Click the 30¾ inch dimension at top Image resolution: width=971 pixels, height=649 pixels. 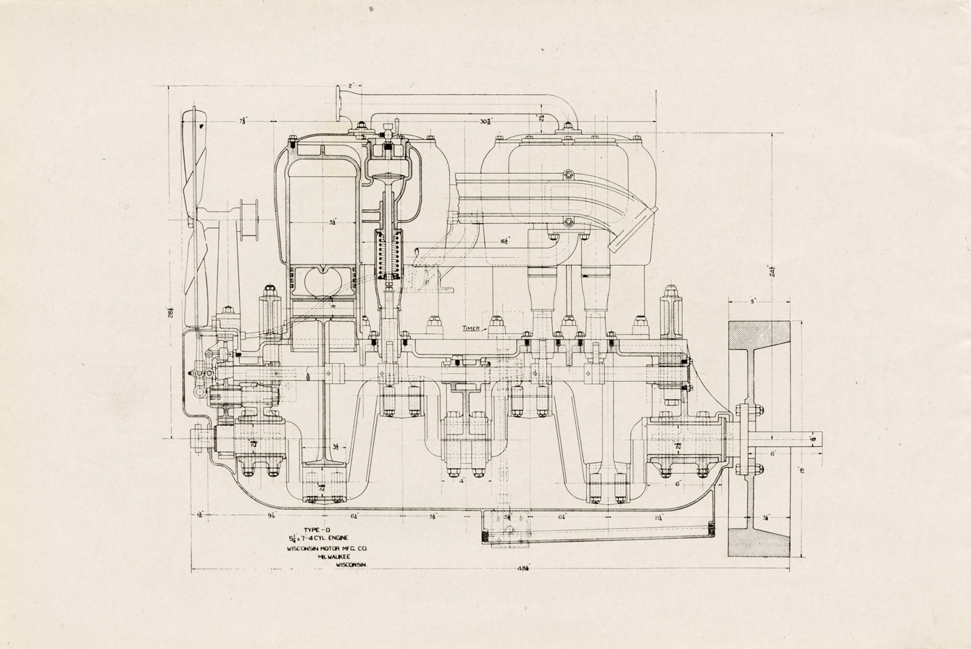click(486, 122)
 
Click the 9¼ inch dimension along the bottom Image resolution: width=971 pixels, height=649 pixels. click(272, 516)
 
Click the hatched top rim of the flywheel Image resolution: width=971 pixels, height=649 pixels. click(758, 335)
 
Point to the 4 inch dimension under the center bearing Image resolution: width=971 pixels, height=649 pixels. click(461, 480)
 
